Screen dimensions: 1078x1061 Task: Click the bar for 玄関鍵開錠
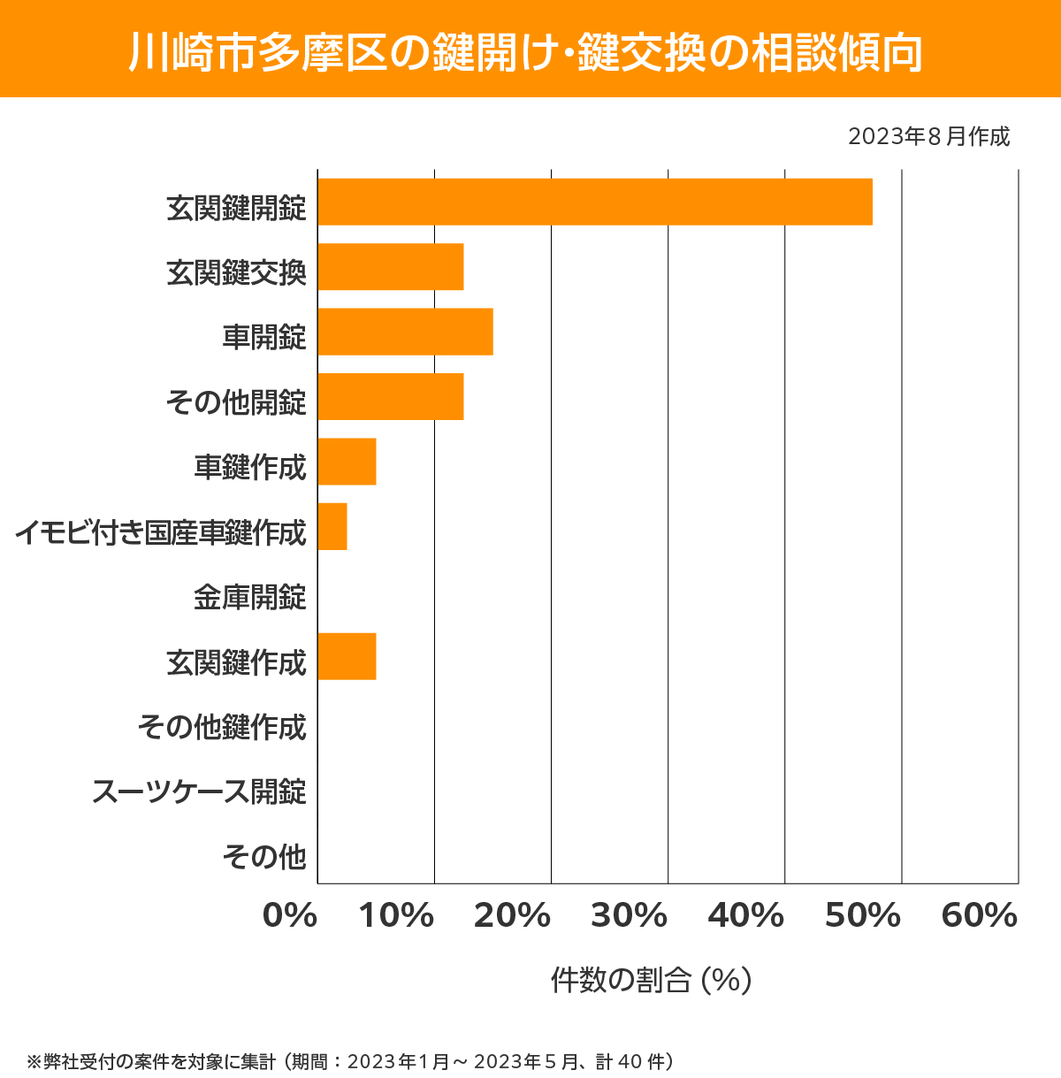(x=594, y=202)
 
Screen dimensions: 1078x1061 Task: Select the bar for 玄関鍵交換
(x=391, y=267)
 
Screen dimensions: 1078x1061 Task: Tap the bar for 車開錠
(x=405, y=332)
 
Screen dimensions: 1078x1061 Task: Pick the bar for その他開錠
(x=391, y=396)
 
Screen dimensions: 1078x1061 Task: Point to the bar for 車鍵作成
(x=347, y=462)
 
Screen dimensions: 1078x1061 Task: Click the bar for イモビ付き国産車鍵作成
(x=332, y=526)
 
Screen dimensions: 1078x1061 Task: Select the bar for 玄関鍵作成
(x=347, y=656)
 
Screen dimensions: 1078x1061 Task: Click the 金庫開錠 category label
(x=250, y=598)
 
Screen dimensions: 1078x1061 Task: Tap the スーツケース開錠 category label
(x=200, y=791)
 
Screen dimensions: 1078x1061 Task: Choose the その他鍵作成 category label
(x=222, y=727)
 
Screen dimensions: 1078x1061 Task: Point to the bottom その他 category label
(x=264, y=857)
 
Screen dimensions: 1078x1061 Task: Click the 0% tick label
(x=290, y=916)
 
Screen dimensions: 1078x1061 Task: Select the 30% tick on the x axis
(x=629, y=916)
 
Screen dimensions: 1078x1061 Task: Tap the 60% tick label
(x=980, y=916)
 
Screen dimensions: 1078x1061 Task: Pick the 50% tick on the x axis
(x=862, y=916)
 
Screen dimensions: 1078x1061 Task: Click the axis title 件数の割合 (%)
(x=651, y=981)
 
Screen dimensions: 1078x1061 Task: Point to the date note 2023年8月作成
(x=928, y=137)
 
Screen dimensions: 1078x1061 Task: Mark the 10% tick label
(x=395, y=916)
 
